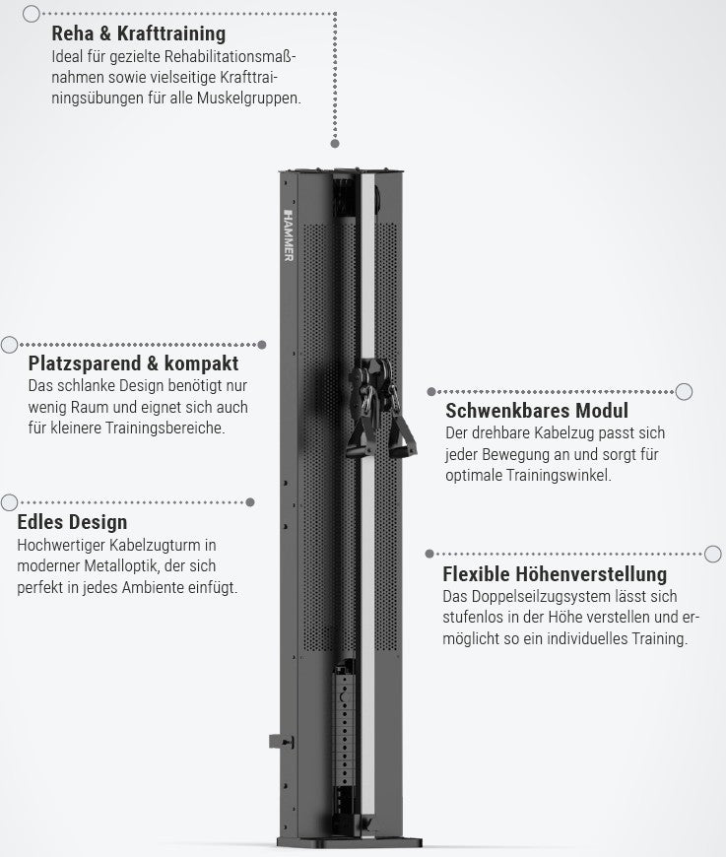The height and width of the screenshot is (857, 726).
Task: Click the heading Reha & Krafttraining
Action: pyautogui.click(x=138, y=33)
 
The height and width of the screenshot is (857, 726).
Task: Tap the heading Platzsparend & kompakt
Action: pyautogui.click(x=133, y=363)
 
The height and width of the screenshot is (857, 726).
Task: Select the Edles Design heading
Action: pyautogui.click(x=72, y=522)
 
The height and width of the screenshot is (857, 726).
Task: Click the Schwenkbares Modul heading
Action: pyautogui.click(x=537, y=411)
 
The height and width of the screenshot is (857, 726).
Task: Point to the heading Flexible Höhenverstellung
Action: pyautogui.click(x=555, y=574)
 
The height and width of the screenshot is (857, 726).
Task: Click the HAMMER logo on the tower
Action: pyautogui.click(x=289, y=235)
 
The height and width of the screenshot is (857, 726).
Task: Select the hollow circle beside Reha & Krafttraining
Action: pyautogui.click(x=32, y=14)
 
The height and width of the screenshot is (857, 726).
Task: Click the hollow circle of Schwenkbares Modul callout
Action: pyautogui.click(x=684, y=391)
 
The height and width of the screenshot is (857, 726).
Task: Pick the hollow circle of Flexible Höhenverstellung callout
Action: pyautogui.click(x=713, y=554)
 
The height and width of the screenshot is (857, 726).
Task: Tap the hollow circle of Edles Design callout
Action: pyautogui.click(x=9, y=502)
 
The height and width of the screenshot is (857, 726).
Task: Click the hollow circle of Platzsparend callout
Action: pyautogui.click(x=9, y=345)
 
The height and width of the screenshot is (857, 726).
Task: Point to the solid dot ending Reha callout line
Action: pyautogui.click(x=335, y=143)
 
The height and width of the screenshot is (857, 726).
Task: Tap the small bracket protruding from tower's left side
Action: pyautogui.click(x=281, y=742)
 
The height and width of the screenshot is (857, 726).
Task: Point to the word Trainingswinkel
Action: pyautogui.click(x=559, y=475)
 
